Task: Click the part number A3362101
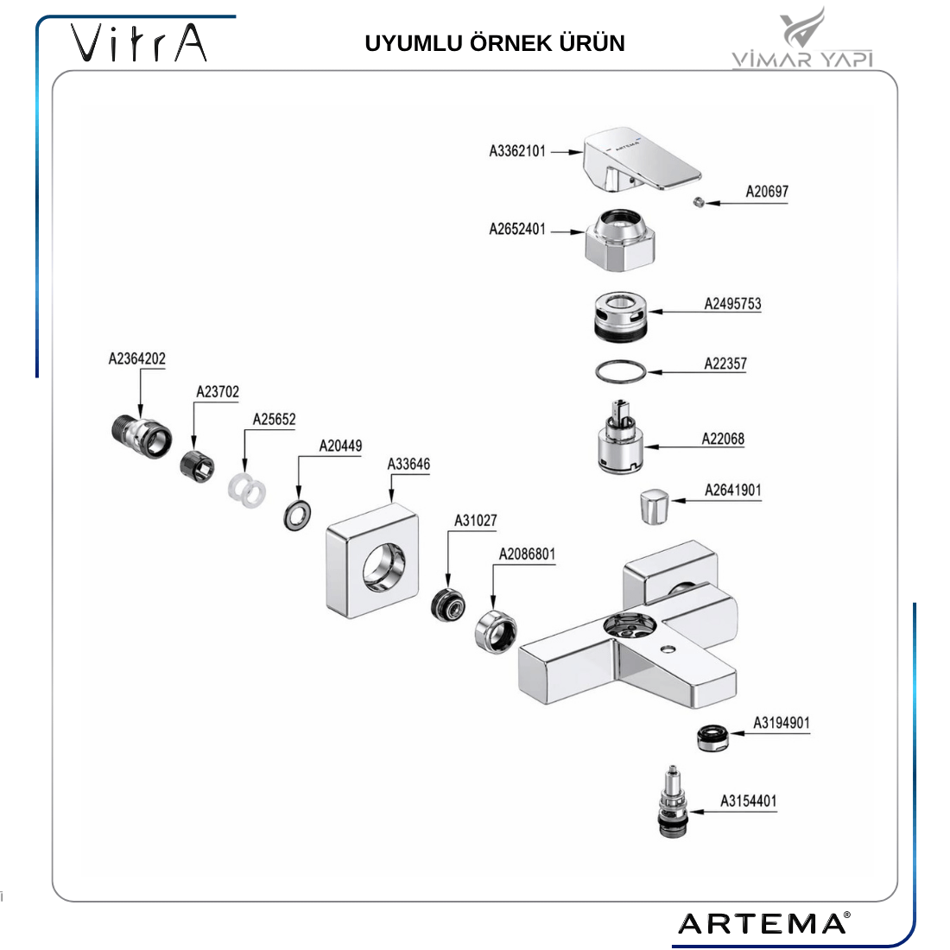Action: tap(517, 151)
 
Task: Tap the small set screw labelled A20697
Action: tap(699, 202)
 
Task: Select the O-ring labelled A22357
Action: tap(620, 371)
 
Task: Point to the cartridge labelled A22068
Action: tap(619, 439)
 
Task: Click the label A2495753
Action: tap(732, 304)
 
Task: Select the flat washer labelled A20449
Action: tap(297, 516)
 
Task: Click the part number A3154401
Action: tap(748, 801)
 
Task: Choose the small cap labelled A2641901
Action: tap(655, 505)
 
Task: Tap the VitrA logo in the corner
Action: tap(139, 42)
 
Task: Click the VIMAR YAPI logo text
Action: tap(802, 59)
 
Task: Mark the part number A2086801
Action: tap(527, 554)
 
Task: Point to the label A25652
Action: tap(274, 420)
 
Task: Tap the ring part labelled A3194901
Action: tap(713, 738)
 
